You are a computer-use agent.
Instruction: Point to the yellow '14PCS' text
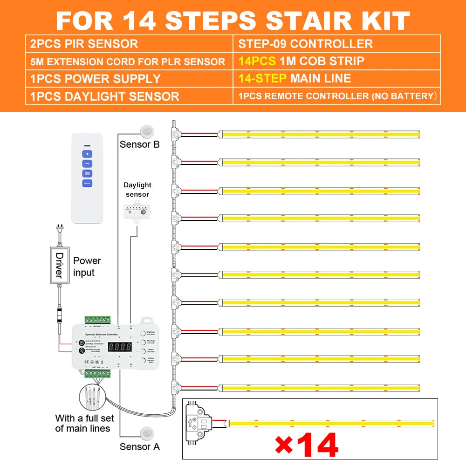256,61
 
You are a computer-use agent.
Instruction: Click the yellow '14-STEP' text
262,78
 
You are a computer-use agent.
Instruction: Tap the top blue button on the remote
87,153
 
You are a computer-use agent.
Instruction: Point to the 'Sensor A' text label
139,446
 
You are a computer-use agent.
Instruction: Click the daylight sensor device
137,212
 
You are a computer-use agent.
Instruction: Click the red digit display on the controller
120,347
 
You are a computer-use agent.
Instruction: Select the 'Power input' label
87,267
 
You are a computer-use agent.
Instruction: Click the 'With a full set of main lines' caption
82,423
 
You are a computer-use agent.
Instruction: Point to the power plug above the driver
59,232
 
